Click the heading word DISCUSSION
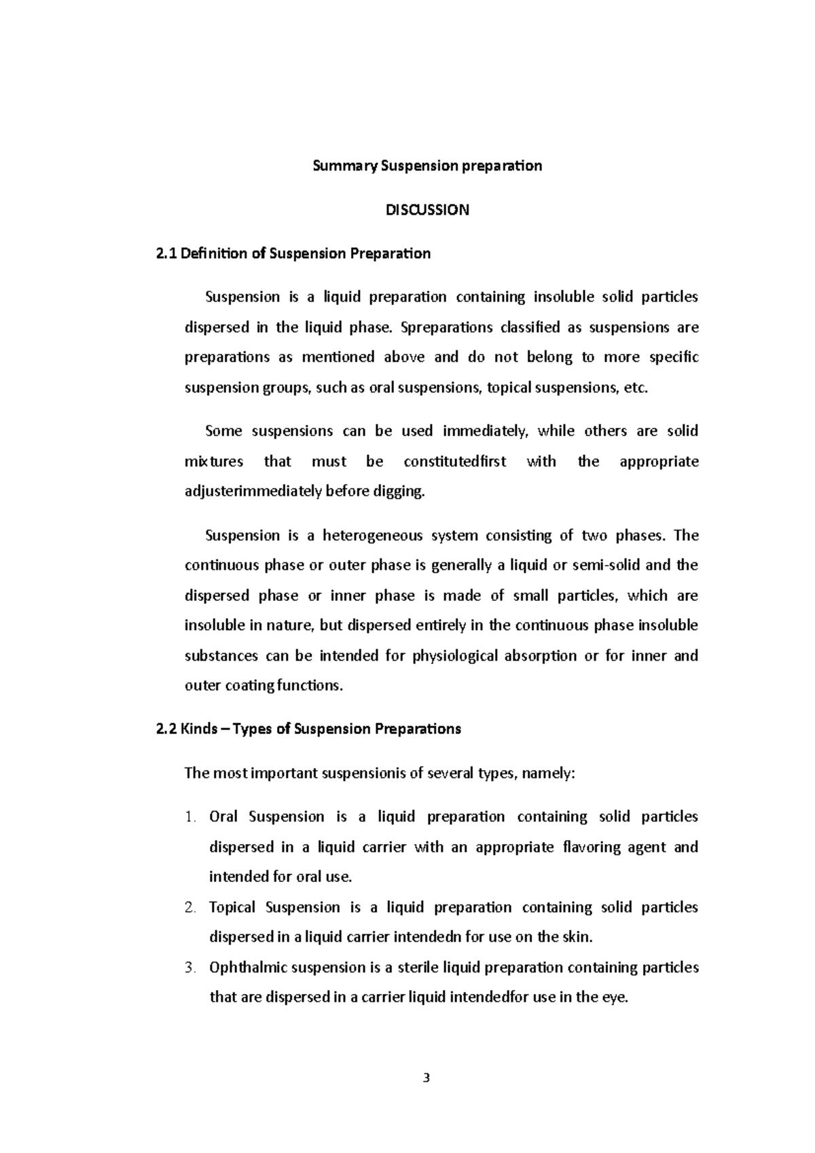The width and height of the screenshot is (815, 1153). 427,210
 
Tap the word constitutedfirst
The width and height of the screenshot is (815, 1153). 454,462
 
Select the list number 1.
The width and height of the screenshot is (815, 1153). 190,817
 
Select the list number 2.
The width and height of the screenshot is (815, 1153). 190,908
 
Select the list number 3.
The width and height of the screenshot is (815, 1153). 190,968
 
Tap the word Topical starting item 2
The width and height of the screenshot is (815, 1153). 232,908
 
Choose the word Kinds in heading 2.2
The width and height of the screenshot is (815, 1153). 200,729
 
